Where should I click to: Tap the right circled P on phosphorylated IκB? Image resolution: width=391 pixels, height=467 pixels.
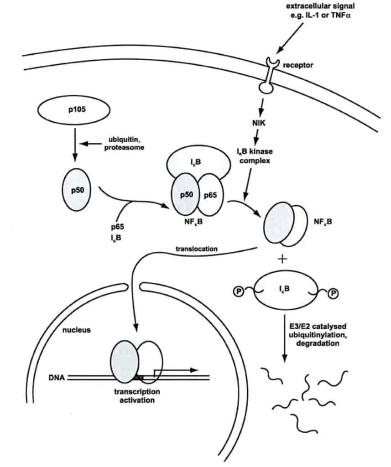coord(334,294)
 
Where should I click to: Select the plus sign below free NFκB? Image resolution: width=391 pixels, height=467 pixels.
coord(283,259)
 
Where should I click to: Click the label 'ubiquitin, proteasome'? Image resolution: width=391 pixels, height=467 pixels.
coord(126,144)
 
